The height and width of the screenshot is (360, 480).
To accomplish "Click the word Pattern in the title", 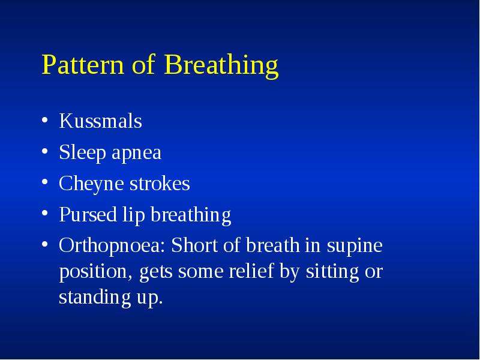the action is pos(83,64).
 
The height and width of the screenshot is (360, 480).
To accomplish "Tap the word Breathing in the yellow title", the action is pos(221,67).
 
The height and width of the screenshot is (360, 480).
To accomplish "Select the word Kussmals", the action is pos(100,121).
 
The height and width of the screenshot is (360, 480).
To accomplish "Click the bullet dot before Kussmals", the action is pos(44,119).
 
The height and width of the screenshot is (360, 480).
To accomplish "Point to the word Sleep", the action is pos(82,153).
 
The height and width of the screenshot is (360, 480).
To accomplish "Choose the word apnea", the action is pos(137,154).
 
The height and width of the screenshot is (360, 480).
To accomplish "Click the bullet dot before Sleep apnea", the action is pos(44,151).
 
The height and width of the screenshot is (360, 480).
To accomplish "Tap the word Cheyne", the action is pos(91,184).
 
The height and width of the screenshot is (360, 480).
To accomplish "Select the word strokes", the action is pos(160,184).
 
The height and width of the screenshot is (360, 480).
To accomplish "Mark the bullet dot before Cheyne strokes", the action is pos(44,182).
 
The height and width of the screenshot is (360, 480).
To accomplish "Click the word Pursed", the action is pos(88,215).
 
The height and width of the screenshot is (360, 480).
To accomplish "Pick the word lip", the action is pos(133,215).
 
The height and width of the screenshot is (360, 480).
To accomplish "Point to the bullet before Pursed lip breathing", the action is pos(44,213).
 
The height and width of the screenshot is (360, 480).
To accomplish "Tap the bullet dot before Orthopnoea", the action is pos(44,244).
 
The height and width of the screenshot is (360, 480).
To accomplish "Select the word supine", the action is pos(355,247).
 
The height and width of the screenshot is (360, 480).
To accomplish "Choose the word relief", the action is pos(251,271).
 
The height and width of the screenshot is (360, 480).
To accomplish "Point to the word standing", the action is pos(95,298).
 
